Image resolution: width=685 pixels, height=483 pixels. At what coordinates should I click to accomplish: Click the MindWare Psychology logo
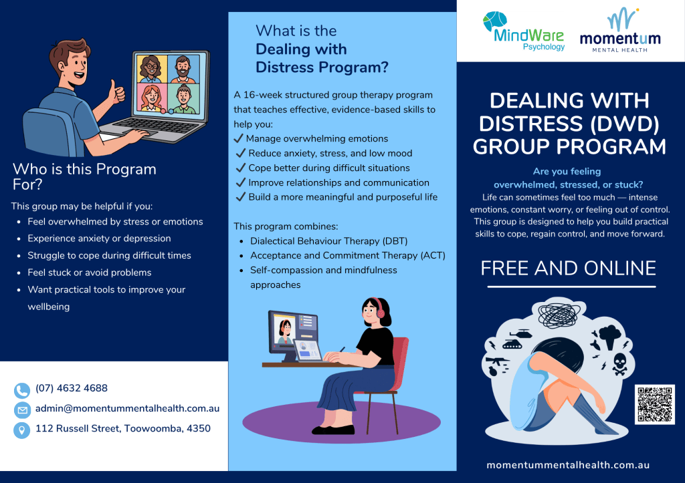[524, 31]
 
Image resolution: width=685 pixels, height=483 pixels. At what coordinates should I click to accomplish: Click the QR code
[654, 404]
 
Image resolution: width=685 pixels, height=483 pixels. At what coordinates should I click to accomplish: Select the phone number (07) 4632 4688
[71, 388]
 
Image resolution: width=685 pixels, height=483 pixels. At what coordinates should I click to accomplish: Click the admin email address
[127, 408]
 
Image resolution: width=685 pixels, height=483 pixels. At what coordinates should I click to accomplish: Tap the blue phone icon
[22, 390]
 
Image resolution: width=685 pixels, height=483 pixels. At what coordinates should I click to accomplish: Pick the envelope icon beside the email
[22, 410]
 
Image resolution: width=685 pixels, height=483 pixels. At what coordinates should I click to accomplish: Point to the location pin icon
[22, 430]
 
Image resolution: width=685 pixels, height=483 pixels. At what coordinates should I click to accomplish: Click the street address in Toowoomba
[123, 428]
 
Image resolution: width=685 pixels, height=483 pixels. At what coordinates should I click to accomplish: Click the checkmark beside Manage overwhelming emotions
[238, 138]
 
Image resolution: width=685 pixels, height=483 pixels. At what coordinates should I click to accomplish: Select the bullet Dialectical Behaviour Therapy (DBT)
[328, 241]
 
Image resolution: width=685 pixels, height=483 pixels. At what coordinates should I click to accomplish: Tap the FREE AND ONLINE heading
[568, 268]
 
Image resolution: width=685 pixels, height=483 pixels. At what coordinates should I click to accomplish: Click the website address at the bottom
[568, 465]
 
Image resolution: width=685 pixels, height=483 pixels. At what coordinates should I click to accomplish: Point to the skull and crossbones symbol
[620, 364]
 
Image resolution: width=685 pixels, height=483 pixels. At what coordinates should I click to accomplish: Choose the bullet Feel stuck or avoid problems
[89, 273]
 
